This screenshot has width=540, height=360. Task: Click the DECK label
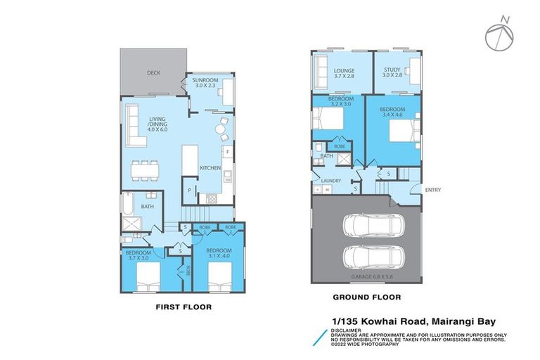[153, 72]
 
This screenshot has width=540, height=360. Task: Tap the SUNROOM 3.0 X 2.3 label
[206, 84]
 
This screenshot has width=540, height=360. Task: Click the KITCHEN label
[210, 168]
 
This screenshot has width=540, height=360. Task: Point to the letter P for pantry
[189, 190]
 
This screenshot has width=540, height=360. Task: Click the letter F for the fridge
[226, 152]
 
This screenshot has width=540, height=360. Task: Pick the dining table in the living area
[147, 168]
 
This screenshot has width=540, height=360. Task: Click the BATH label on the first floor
[147, 207]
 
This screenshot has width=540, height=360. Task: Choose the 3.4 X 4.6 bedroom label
[392, 112]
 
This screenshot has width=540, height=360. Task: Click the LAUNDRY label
[330, 181]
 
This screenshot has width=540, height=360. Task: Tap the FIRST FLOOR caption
[183, 307]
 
